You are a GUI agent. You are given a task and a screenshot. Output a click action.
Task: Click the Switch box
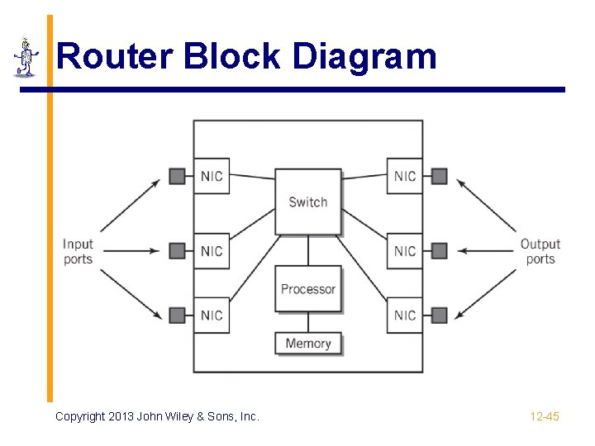point(307,202)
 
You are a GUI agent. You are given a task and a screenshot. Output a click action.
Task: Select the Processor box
point(307,289)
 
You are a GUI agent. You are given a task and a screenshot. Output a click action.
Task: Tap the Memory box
point(307,344)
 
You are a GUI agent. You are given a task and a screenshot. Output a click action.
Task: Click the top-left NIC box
point(212,176)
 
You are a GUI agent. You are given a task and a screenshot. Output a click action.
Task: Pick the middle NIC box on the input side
point(212,250)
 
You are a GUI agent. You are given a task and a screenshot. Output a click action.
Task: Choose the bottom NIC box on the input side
point(212,315)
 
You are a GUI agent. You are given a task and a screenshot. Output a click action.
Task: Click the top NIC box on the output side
point(405,176)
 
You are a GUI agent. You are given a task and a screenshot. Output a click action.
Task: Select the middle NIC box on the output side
point(405,250)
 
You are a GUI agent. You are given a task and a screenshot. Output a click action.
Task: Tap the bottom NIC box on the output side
point(405,315)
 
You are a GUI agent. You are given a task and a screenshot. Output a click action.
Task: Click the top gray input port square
point(177,176)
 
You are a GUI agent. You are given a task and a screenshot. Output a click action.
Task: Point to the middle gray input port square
point(177,250)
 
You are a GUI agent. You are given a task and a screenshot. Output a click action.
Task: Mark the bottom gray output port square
point(440,315)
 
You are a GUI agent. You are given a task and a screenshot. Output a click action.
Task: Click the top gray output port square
point(440,176)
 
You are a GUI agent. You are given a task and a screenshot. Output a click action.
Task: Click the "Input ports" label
point(78,251)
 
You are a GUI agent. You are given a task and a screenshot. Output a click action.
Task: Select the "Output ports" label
point(540,251)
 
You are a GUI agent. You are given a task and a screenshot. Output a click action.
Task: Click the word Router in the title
point(114,57)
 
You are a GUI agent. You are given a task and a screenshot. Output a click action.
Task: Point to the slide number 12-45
point(545,416)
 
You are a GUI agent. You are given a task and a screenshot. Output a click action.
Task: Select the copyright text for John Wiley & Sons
point(157,416)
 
